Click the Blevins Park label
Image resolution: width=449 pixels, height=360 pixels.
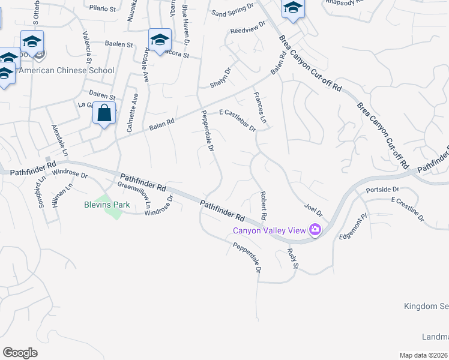click(106, 205)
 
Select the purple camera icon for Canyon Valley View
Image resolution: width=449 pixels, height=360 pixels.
click(315, 229)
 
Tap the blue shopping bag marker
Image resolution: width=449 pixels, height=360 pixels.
click(104, 113)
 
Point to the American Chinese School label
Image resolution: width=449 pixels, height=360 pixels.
click(67, 70)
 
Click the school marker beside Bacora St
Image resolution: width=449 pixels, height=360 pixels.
click(160, 40)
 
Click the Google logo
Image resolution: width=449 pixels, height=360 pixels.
click(20, 352)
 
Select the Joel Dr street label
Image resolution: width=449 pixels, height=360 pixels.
click(313, 211)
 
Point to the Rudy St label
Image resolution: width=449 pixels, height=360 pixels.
click(292, 259)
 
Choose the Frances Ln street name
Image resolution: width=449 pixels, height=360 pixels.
click(259, 109)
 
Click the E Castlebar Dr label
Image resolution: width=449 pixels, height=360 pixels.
click(238, 120)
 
